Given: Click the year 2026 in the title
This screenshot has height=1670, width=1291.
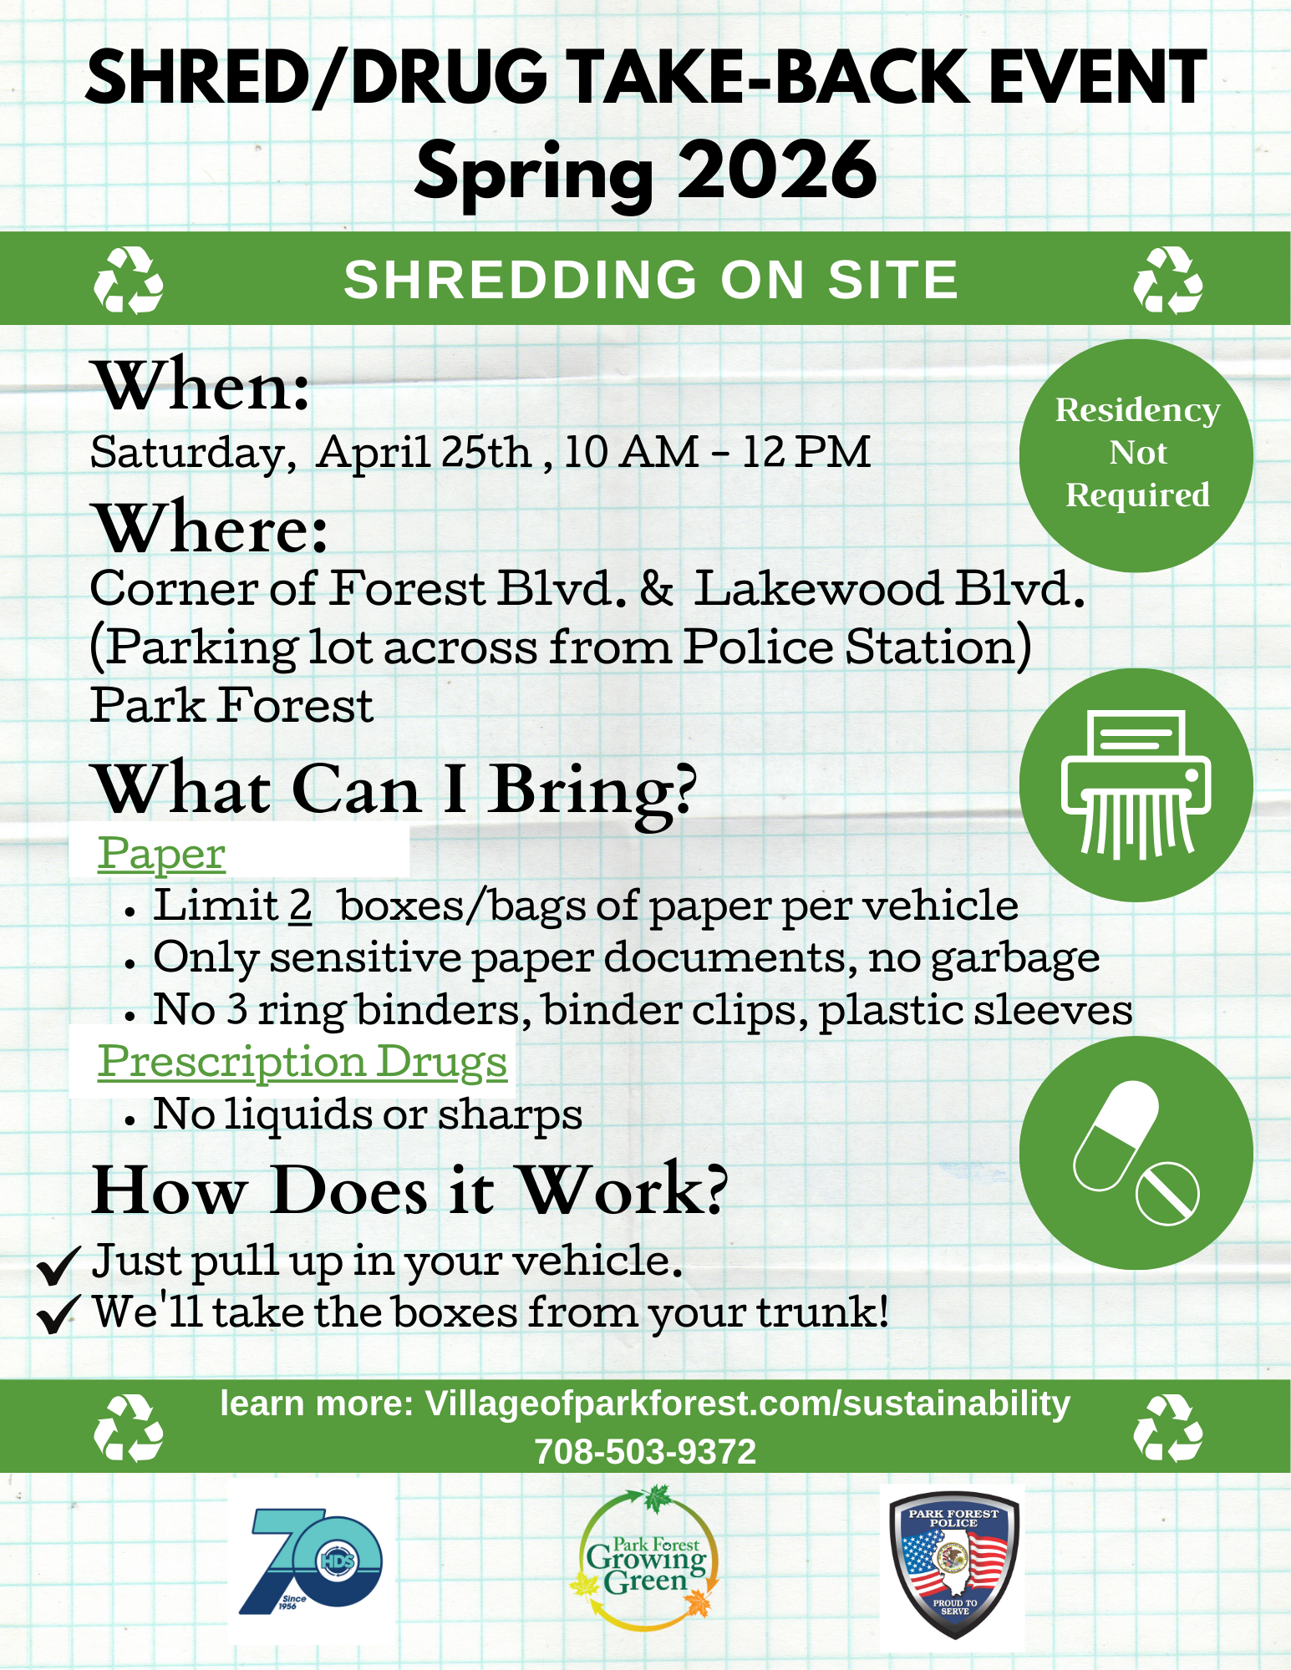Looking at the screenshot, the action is (x=777, y=170).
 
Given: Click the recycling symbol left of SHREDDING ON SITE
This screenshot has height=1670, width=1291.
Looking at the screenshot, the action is (x=128, y=280).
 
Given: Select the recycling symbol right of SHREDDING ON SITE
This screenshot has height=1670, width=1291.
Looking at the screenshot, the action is (x=1167, y=280).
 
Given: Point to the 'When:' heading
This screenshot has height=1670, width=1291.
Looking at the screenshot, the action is (x=203, y=386).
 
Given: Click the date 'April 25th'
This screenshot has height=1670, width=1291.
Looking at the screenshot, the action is (x=424, y=452).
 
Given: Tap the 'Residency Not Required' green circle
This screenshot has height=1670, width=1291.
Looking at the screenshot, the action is (x=1136, y=455).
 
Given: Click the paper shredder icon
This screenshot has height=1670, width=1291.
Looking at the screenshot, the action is (x=1136, y=785).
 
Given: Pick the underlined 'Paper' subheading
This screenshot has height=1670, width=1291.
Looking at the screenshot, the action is (x=161, y=854).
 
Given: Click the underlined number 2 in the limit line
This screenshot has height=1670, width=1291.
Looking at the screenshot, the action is (x=301, y=906).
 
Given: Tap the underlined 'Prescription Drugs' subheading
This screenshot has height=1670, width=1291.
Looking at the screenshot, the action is (x=302, y=1062).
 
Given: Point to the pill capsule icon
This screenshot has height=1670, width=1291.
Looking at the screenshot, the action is (x=1136, y=1153).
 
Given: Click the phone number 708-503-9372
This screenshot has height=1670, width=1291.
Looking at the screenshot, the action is (x=645, y=1451).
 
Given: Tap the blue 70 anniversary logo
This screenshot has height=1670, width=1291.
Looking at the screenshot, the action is (x=311, y=1561).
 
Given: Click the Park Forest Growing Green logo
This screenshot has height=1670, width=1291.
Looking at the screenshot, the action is (x=645, y=1559).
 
